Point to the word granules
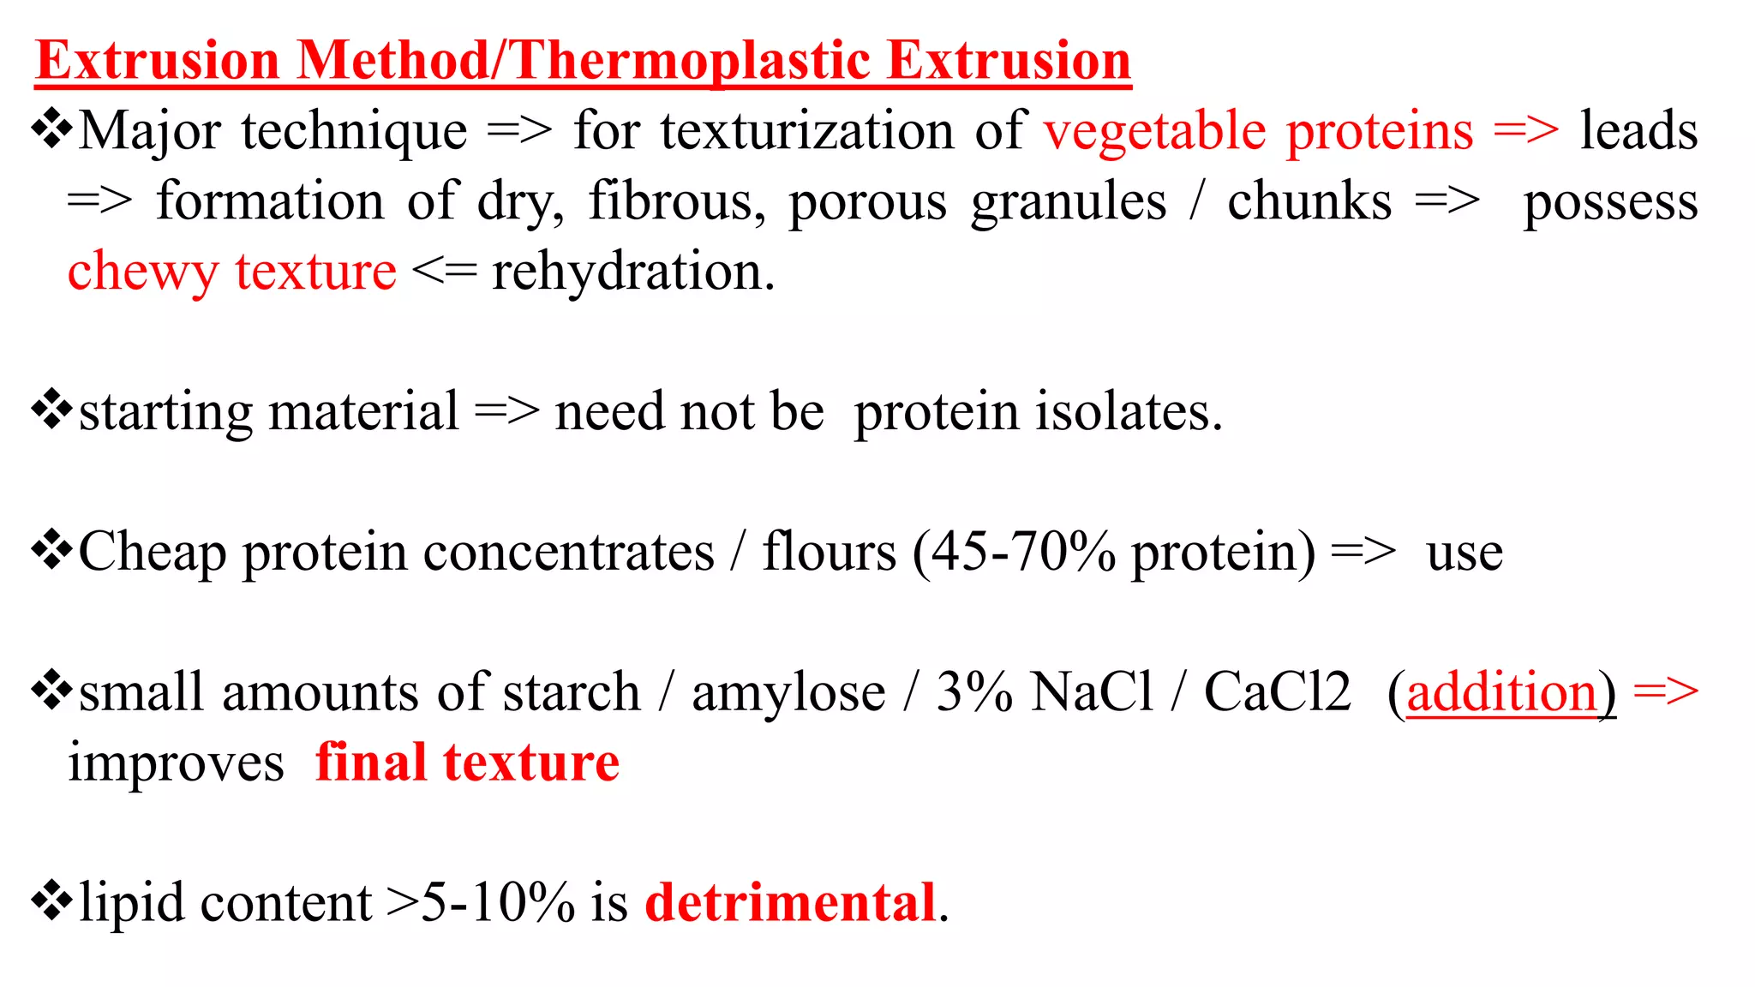pyautogui.click(x=1069, y=202)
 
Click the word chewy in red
pyautogui.click(x=142, y=272)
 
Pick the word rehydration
pyautogui.click(x=632, y=272)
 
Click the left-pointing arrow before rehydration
pyautogui.click(x=444, y=272)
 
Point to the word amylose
pyautogui.click(x=788, y=692)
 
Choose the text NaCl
pyautogui.click(x=1093, y=692)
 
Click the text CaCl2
pyautogui.click(x=1277, y=692)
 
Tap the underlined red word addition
pyautogui.click(x=1502, y=692)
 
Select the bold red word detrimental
pyautogui.click(x=789, y=903)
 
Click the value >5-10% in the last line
pyautogui.click(x=480, y=903)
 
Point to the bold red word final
pyautogui.click(x=371, y=763)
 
